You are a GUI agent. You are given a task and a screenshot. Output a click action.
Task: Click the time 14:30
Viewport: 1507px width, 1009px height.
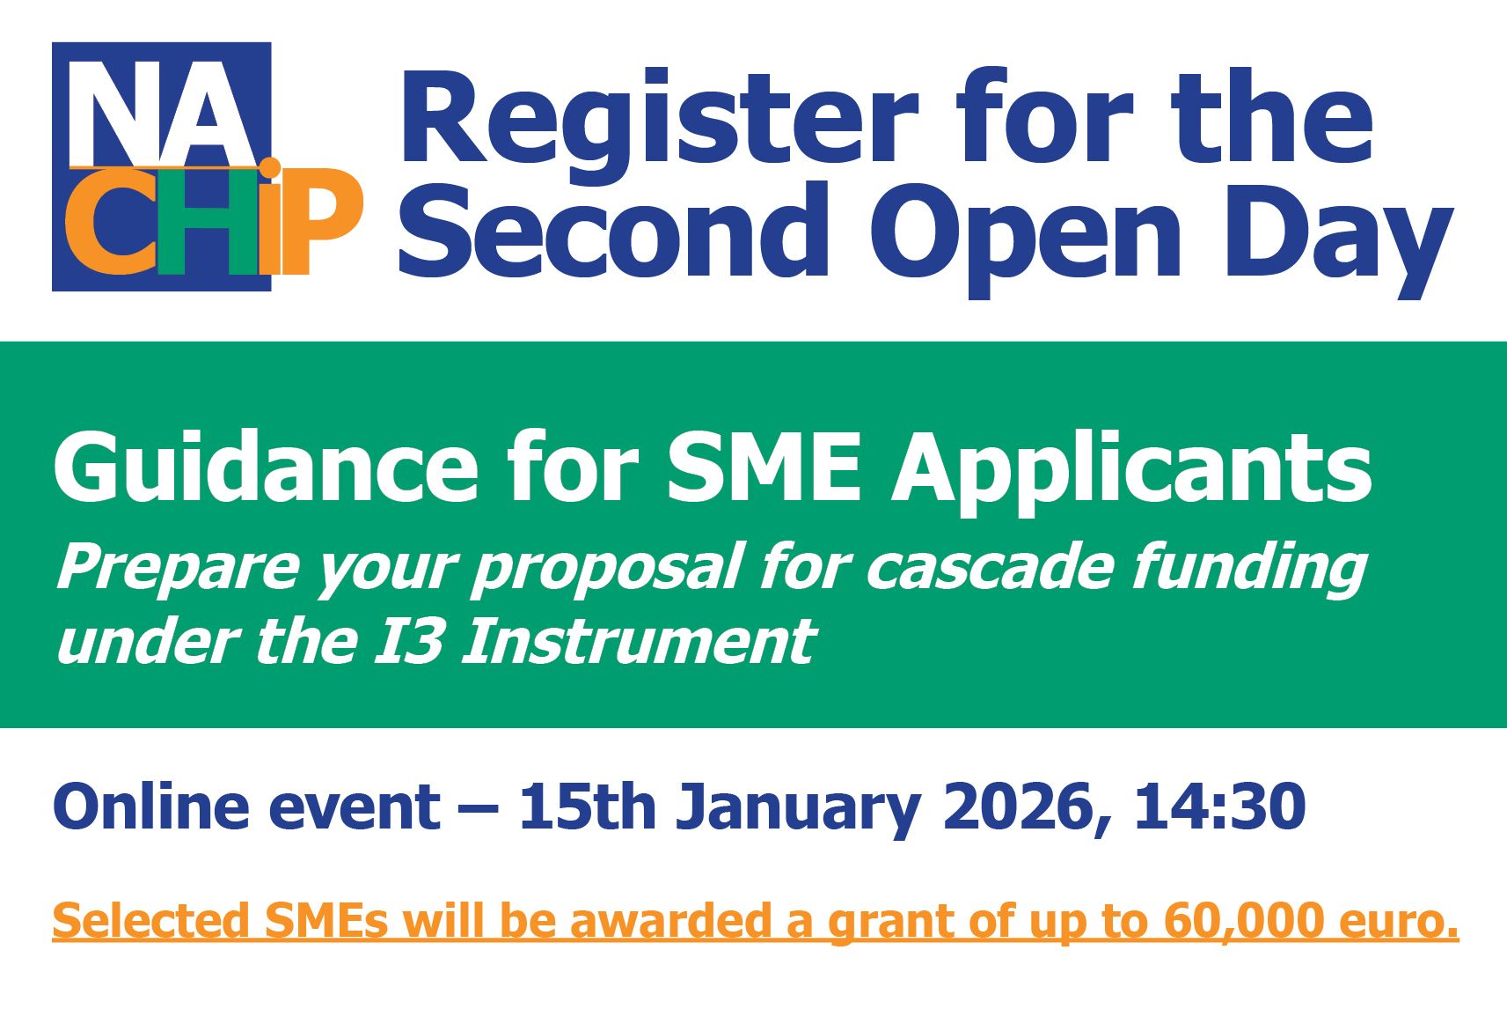tap(1219, 806)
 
